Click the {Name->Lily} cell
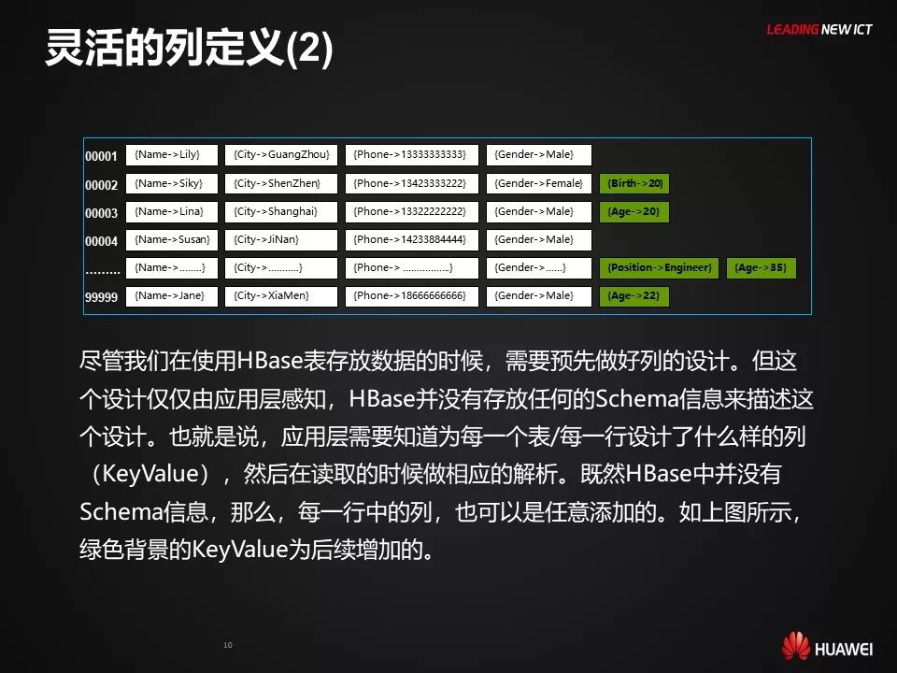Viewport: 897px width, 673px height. pyautogui.click(x=171, y=155)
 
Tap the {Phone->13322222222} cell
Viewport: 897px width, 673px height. pyautogui.click(x=411, y=211)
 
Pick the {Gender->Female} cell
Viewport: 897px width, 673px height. pyautogui.click(x=539, y=183)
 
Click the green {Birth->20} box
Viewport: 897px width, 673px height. pyautogui.click(x=634, y=183)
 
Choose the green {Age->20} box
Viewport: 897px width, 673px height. pyautogui.click(x=634, y=212)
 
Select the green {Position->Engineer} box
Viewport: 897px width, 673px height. pyautogui.click(x=660, y=268)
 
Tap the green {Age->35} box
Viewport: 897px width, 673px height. pyautogui.click(x=762, y=268)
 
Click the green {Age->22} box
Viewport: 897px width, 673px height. pyautogui.click(x=634, y=296)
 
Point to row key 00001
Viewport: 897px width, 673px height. pyautogui.click(x=102, y=156)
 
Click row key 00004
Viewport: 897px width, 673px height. pyautogui.click(x=102, y=241)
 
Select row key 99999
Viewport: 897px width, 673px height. pyautogui.click(x=102, y=297)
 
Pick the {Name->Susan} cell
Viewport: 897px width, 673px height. pyautogui.click(x=171, y=239)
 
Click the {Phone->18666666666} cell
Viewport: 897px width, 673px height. pyautogui.click(x=411, y=296)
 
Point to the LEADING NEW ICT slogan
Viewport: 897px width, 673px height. pyautogui.click(x=819, y=30)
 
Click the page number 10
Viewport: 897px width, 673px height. pyautogui.click(x=227, y=645)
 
